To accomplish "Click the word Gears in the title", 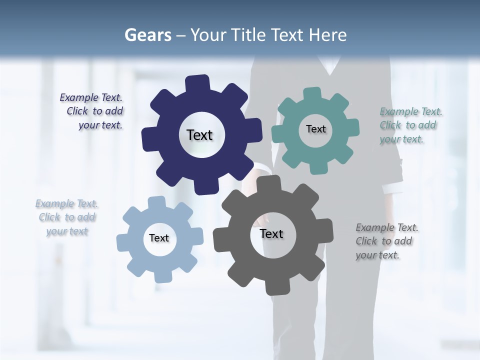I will [147, 35].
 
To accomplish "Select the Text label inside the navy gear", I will [199, 135].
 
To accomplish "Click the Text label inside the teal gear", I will [315, 129].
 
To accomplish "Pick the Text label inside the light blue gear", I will [159, 238].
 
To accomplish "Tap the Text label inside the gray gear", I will [271, 233].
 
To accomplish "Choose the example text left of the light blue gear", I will [67, 217].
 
